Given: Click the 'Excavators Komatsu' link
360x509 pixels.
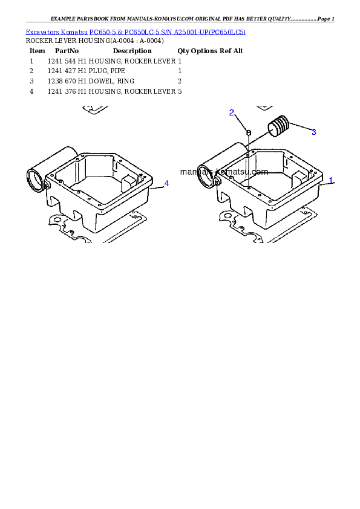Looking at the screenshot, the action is click(56, 32).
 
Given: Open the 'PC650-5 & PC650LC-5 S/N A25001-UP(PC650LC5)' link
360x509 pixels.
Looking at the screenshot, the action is click(168, 32).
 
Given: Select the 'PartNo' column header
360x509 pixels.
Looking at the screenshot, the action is click(67, 51).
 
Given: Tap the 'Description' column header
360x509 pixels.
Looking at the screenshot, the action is click(133, 51).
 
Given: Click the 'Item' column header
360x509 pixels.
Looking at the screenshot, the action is click(38, 51).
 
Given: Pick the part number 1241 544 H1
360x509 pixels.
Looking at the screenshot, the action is click(67, 61).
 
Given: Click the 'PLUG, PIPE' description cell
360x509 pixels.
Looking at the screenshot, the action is click(107, 71).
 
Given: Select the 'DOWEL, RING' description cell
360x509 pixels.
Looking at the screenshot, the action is click(111, 81).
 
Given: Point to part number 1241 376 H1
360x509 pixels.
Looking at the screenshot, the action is click(67, 91).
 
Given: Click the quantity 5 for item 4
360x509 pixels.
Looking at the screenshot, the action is click(180, 91).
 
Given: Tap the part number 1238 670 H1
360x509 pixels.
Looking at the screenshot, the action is click(67, 81).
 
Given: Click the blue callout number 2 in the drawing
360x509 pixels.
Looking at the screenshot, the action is click(232, 112).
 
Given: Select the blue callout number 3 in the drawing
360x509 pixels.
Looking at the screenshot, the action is click(314, 132).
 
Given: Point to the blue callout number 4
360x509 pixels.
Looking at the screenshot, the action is click(166, 183).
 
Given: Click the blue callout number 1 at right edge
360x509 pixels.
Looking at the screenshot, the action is click(331, 181).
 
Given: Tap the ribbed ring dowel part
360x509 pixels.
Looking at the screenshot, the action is click(278, 126).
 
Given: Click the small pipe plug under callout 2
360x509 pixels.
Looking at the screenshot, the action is click(249, 132).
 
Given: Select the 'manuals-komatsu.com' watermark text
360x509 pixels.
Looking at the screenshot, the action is click(224, 172).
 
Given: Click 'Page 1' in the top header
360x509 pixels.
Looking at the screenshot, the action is click(326, 19).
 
